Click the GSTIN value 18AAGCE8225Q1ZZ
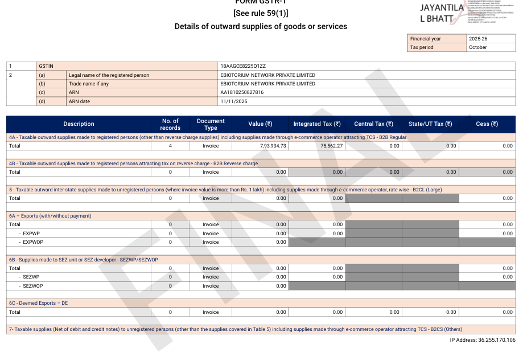pos(243,66)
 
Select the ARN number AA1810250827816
pos(242,92)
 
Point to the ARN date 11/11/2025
pos(233,101)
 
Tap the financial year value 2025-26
pos(478,39)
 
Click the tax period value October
pos(478,47)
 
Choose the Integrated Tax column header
pos(317,124)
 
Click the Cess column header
pos(487,124)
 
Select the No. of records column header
pos(170,124)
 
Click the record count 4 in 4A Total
pos(170,146)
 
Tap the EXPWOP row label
pos(34,242)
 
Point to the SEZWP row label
pos(31,277)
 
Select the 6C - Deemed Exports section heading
pos(38,303)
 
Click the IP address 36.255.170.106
pos(483,340)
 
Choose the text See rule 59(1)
pos(261,13)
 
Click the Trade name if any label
pos(88,84)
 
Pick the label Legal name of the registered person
pos(109,75)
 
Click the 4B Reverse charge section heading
pos(133,163)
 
